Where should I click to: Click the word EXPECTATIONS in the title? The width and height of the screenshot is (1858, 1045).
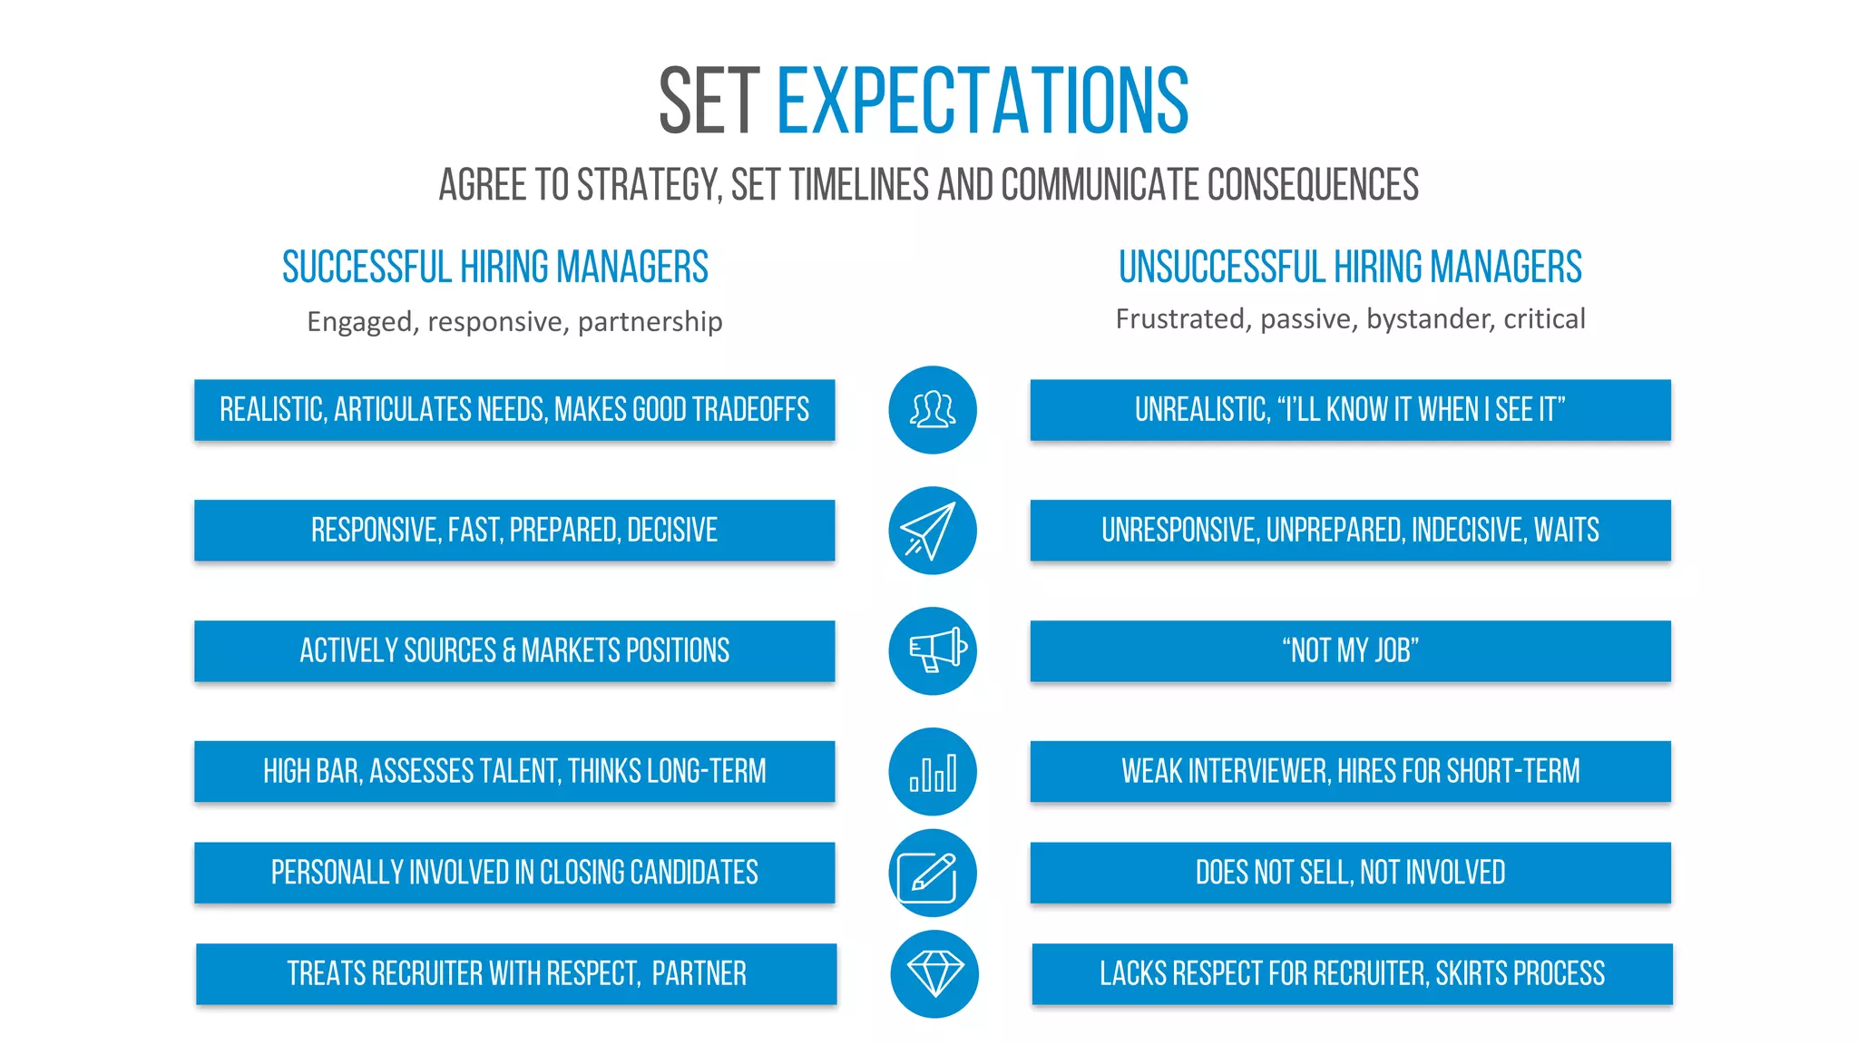(983, 101)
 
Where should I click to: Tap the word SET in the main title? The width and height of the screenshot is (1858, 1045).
(709, 102)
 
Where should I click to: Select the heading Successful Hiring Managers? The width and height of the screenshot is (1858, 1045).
(494, 268)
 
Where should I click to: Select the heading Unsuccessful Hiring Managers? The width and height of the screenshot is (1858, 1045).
(1350, 268)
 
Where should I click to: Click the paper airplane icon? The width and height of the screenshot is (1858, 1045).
(932, 531)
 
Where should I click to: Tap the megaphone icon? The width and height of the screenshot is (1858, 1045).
(932, 651)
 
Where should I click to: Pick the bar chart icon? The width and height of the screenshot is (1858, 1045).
(932, 772)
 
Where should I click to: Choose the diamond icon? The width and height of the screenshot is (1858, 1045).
(934, 974)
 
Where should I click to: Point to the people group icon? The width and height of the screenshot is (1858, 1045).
(932, 410)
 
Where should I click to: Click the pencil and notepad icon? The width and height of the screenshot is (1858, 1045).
(932, 874)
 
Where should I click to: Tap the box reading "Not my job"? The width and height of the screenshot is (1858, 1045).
(1350, 651)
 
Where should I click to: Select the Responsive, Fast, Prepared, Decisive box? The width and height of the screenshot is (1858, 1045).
(514, 531)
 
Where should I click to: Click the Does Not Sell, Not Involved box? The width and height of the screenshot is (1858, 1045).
(1350, 873)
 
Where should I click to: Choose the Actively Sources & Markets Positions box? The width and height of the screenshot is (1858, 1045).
(514, 651)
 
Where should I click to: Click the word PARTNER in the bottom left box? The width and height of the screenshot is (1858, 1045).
(699, 974)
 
